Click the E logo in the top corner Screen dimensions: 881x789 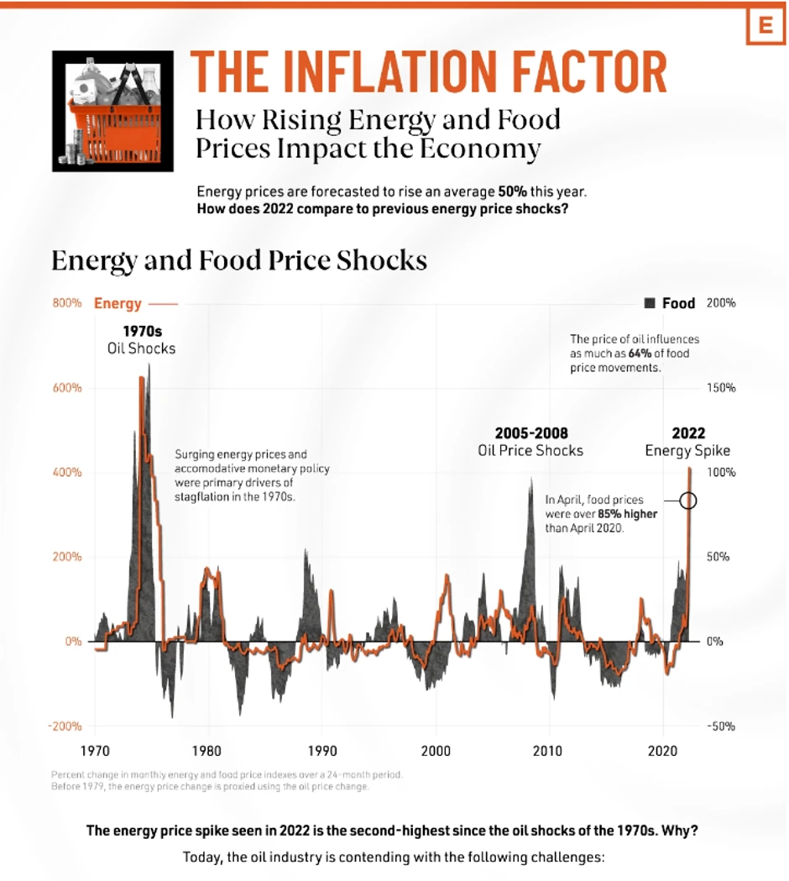765,25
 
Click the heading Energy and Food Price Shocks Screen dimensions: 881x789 239,260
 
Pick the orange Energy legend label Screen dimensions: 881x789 118,303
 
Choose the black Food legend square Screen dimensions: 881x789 650,303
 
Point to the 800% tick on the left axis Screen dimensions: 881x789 68,303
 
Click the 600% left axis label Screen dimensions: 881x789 68,388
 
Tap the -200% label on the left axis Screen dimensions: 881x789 66,726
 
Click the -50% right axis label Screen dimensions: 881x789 721,726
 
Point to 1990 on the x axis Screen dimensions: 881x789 322,750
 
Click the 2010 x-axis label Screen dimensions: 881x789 549,750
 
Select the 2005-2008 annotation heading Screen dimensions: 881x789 530,433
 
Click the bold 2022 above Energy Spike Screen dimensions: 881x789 688,433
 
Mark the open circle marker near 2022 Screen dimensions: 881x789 688,501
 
